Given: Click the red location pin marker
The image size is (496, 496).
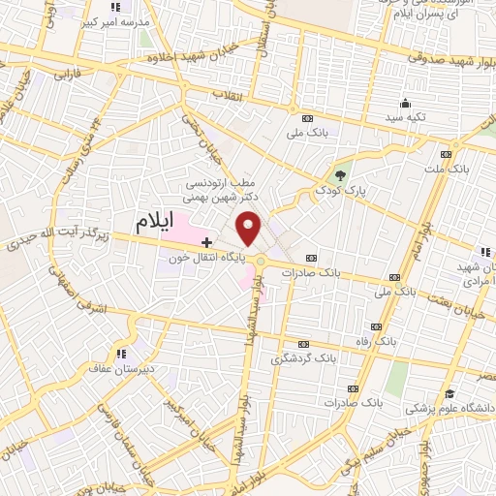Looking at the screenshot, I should (250, 227).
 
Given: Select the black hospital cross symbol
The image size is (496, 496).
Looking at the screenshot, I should (205, 240).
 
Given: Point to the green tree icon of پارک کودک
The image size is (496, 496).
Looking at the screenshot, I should (339, 175).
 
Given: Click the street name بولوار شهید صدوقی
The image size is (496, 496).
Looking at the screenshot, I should (434, 58).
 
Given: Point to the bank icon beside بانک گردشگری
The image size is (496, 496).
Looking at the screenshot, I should (303, 344).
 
